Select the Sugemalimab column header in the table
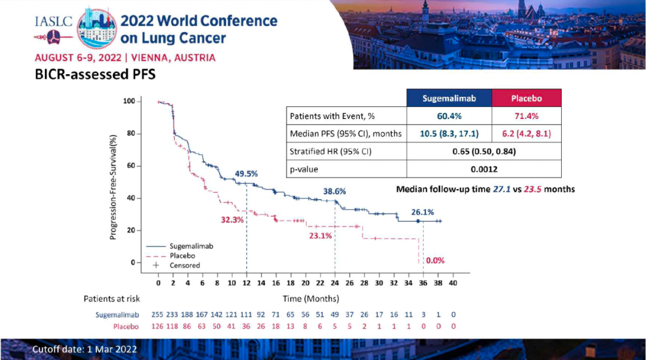[449, 98]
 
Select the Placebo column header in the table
[526, 98]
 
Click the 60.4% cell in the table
[449, 116]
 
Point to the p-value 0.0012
[484, 169]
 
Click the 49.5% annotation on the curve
[246, 173]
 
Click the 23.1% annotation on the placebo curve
[321, 236]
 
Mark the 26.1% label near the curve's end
[422, 212]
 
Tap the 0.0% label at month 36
[435, 261]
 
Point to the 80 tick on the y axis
[129, 133]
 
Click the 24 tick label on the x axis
[335, 283]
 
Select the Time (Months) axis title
[311, 298]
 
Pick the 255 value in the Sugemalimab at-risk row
[158, 314]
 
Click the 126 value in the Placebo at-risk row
[158, 327]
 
